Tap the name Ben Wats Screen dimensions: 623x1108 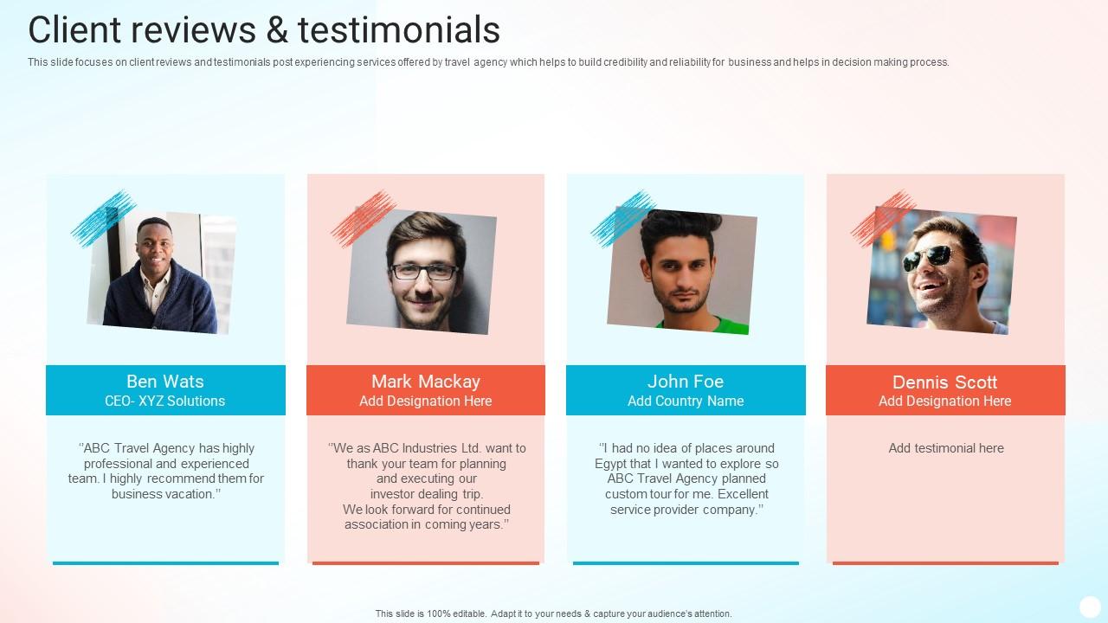coord(165,382)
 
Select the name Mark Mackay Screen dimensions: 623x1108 coord(426,382)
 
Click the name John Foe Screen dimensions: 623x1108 coord(686,382)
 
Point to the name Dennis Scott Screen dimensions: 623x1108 coord(945,382)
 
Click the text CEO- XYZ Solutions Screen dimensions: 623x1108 coord(165,401)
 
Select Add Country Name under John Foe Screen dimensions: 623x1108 coord(686,401)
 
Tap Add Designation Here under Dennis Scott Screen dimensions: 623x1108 coord(945,401)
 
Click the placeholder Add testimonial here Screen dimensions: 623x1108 coord(946,448)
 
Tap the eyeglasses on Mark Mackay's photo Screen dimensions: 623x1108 coord(424,272)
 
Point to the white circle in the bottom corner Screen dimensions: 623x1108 coord(1090,607)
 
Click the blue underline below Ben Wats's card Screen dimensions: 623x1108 coord(165,563)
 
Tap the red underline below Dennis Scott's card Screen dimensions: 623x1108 coord(945,563)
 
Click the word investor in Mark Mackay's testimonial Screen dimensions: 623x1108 coord(394,494)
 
